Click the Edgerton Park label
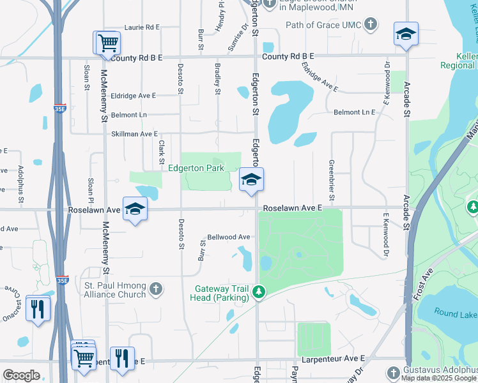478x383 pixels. tap(196, 169)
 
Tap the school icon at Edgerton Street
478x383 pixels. tap(252, 180)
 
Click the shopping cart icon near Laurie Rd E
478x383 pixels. tap(108, 43)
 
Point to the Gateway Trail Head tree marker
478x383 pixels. tap(258, 292)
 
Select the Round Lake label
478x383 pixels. tap(455, 313)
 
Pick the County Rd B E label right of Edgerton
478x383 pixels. tap(288, 57)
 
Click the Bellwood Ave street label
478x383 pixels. tap(228, 237)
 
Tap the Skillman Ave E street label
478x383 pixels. tap(134, 134)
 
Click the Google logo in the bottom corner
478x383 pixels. tap(21, 375)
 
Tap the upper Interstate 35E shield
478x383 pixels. tap(58, 109)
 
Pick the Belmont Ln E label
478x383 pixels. tap(354, 112)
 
